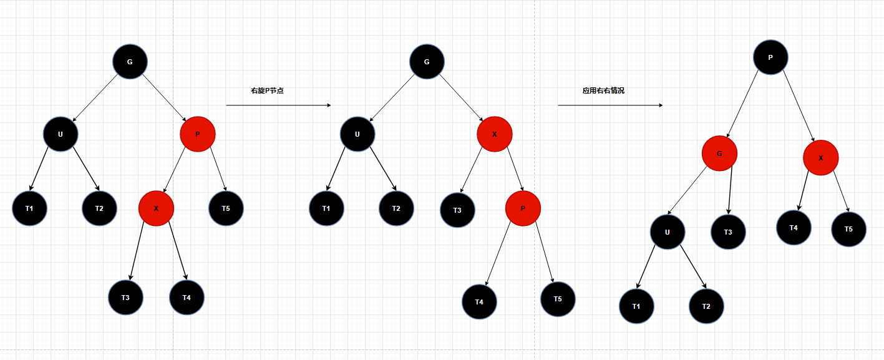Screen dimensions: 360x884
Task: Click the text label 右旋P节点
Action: (267, 90)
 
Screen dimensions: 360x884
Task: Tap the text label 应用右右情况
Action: (603, 90)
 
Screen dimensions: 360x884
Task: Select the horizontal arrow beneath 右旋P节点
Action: (278, 105)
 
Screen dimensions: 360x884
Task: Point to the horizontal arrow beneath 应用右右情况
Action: (610, 105)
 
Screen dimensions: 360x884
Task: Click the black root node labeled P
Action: (770, 57)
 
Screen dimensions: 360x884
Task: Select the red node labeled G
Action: (719, 153)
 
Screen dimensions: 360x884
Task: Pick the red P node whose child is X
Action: (198, 134)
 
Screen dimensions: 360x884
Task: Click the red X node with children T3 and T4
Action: (156, 208)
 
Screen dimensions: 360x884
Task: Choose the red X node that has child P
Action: (495, 134)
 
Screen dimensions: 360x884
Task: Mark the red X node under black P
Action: (820, 158)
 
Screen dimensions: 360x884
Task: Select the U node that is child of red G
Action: (667, 232)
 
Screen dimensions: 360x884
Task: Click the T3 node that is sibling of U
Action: (728, 232)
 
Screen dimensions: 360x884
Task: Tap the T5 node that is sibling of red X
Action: (226, 208)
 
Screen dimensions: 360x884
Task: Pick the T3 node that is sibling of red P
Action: (457, 210)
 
